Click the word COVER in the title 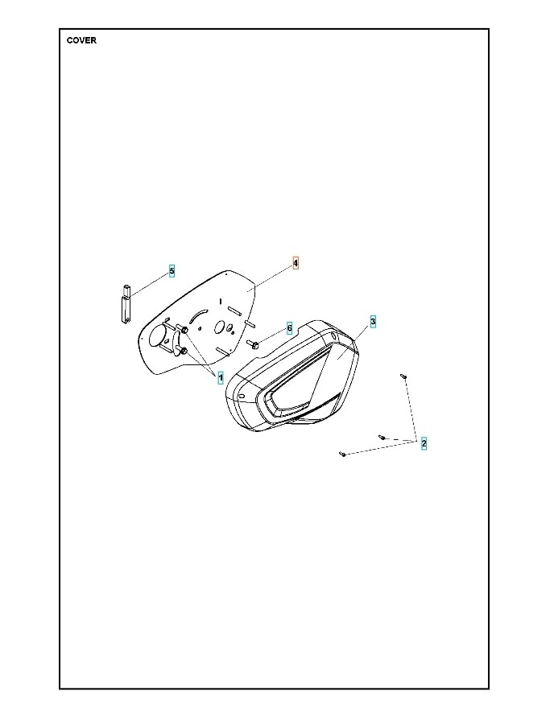pos(81,40)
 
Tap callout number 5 pos(172,271)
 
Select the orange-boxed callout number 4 pos(296,263)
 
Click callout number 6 pos(289,329)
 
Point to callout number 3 pos(373,321)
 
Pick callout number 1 pos(220,377)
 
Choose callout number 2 pos(424,443)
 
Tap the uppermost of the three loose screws pos(403,376)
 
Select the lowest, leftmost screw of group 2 pos(343,455)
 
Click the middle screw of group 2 pos(382,437)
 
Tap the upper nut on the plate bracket pos(186,331)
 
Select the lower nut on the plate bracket pos(184,351)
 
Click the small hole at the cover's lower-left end pos(241,396)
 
